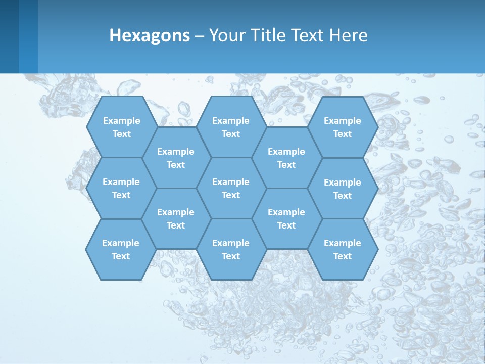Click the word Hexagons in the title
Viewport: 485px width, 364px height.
pyautogui.click(x=150, y=35)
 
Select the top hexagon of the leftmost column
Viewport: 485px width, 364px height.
pyautogui.click(x=121, y=127)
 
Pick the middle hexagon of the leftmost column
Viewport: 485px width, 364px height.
pyautogui.click(x=121, y=188)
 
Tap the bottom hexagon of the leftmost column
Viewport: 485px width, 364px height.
pyautogui.click(x=121, y=249)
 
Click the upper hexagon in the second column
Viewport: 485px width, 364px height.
pyautogui.click(x=176, y=158)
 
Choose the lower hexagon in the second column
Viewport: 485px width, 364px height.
pyautogui.click(x=176, y=218)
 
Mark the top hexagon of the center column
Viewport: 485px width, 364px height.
pyautogui.click(x=231, y=127)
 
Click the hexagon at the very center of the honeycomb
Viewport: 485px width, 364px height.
pyautogui.click(x=231, y=188)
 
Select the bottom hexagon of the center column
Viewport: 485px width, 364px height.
pyautogui.click(x=231, y=249)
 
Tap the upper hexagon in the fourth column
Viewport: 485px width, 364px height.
pyautogui.click(x=286, y=158)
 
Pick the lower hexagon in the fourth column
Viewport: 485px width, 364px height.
pyautogui.click(x=286, y=218)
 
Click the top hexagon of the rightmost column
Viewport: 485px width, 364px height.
pyautogui.click(x=343, y=127)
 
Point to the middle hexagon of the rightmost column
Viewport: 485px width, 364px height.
pyautogui.click(x=343, y=189)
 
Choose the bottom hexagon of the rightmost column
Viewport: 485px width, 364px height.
pyautogui.click(x=343, y=249)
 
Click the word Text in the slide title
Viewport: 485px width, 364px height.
pyautogui.click(x=307, y=35)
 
